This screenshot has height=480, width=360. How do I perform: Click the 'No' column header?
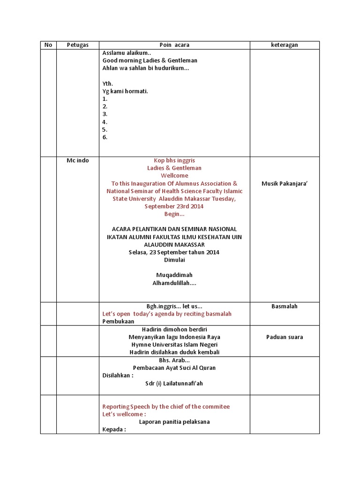(48, 45)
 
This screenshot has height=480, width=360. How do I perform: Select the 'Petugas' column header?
(77, 45)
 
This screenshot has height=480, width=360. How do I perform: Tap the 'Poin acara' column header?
(174, 45)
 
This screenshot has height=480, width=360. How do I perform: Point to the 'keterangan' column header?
(285, 45)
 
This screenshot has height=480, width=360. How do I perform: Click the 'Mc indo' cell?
(78, 160)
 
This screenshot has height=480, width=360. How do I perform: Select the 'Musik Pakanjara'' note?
(285, 184)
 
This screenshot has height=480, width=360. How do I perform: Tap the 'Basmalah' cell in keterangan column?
(285, 306)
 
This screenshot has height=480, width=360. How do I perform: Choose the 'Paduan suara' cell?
(285, 337)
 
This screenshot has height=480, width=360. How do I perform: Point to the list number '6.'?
(105, 137)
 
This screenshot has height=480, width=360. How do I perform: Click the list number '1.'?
(105, 99)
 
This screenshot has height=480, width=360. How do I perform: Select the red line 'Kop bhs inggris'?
(174, 160)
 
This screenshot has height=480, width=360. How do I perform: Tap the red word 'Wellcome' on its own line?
(174, 176)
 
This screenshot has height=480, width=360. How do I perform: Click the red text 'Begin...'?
(174, 214)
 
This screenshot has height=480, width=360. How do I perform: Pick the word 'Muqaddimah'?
(174, 275)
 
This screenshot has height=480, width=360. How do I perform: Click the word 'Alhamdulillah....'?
(174, 283)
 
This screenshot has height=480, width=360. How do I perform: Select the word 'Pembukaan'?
(118, 322)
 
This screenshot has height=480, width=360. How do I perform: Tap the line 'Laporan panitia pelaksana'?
(174, 422)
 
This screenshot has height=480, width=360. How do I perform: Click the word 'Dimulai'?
(174, 260)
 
